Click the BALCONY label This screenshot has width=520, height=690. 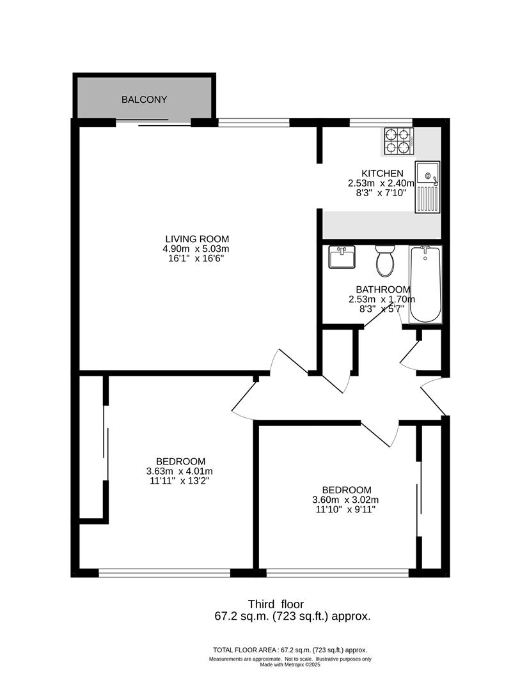pos(144,100)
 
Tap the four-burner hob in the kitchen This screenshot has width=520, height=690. pos(400,141)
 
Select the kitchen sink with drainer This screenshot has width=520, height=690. pos(427,187)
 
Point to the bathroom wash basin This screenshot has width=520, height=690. pos(342,257)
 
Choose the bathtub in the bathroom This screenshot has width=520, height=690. pos(425,285)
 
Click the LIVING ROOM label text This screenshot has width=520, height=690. pos(197,239)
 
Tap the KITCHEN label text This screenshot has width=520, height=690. pos(382,173)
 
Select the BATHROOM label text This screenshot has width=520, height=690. pos(383,289)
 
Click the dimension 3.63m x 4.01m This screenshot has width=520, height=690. pos(179,471)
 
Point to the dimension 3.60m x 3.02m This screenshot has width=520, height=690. pos(345,500)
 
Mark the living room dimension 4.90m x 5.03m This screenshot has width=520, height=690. pos(196,249)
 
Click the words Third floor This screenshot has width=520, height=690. pos(276,604)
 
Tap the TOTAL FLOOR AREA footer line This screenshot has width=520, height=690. pos(290,650)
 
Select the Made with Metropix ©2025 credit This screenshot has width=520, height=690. pos(290,665)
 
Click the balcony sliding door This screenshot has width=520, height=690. pos(154,123)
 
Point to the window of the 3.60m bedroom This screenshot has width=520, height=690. pos(338,572)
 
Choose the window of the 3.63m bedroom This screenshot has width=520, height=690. pos(164,572)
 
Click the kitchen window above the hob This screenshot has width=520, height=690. pos(382,122)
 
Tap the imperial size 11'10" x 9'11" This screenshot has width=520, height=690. pos(345,510)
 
